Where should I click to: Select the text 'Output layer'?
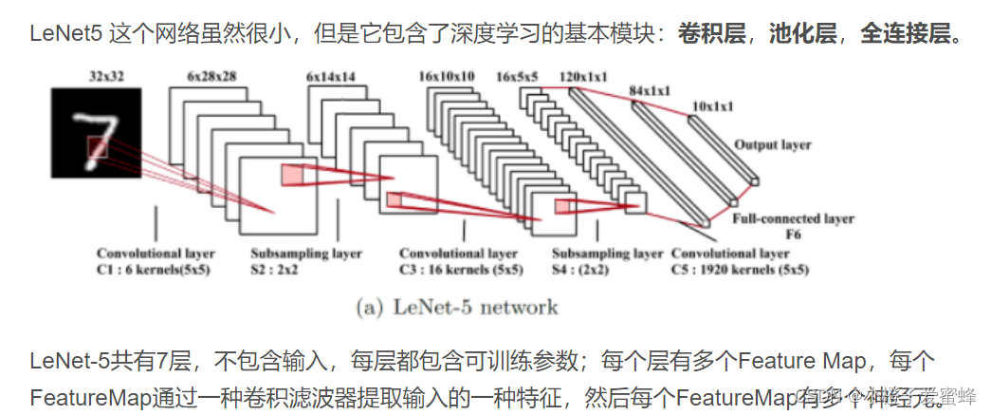point(773,145)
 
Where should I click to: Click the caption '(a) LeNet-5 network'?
point(456,307)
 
